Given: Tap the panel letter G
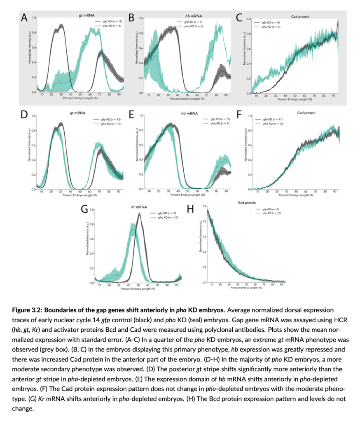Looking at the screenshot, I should (x=84, y=209).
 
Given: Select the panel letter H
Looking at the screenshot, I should (x=190, y=209).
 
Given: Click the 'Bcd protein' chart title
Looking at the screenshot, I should (x=247, y=203).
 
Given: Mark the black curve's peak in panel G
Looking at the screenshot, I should (x=139, y=213).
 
